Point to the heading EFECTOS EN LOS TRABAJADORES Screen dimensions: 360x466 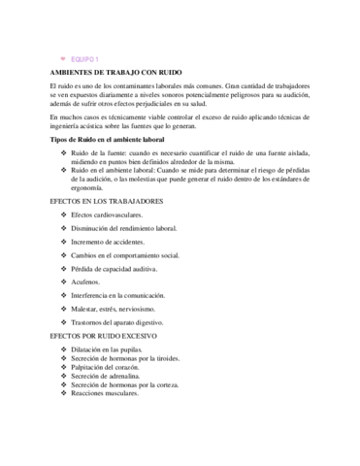106,200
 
